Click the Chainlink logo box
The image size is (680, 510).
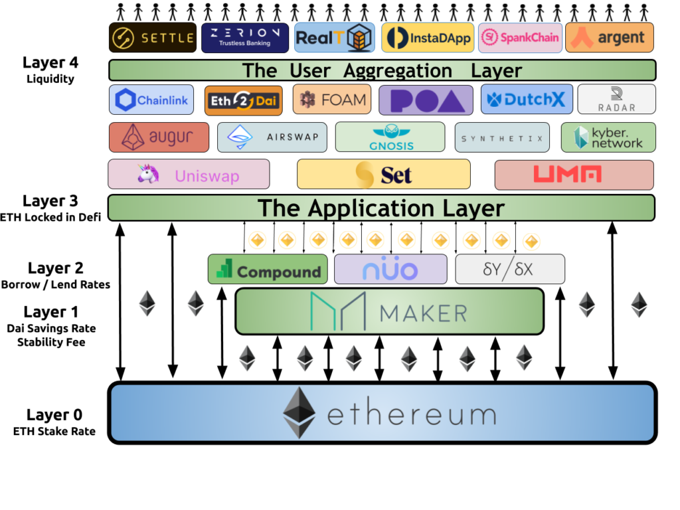pyautogui.click(x=151, y=100)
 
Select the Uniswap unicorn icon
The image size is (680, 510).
pyautogui.click(x=148, y=174)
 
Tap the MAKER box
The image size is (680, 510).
pyautogui.click(x=389, y=311)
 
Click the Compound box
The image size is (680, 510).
pyautogui.click(x=268, y=270)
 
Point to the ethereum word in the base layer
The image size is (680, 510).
pyautogui.click(x=412, y=415)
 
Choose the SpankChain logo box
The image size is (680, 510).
pyautogui.click(x=520, y=38)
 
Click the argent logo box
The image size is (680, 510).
pyautogui.click(x=610, y=38)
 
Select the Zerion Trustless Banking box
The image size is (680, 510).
pyautogui.click(x=245, y=38)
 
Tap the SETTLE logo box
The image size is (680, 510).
pyautogui.click(x=153, y=38)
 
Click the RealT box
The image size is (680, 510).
pyautogui.click(x=335, y=38)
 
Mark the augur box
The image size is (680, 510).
pyautogui.click(x=159, y=137)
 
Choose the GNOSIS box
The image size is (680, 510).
pyautogui.click(x=390, y=137)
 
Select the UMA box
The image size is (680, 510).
pyautogui.click(x=574, y=175)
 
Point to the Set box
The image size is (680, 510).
pyautogui.click(x=383, y=175)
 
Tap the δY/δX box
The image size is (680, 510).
pyautogui.click(x=510, y=270)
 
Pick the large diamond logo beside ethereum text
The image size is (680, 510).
pyautogui.click(x=299, y=412)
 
